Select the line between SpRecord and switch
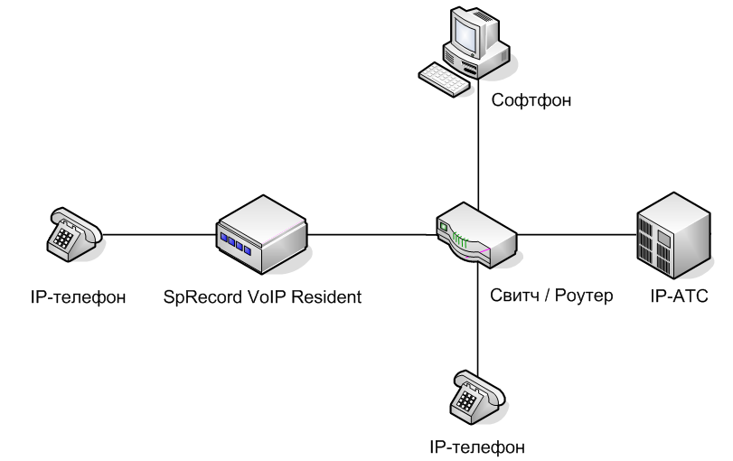(x=371, y=236)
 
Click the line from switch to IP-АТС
(x=578, y=236)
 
